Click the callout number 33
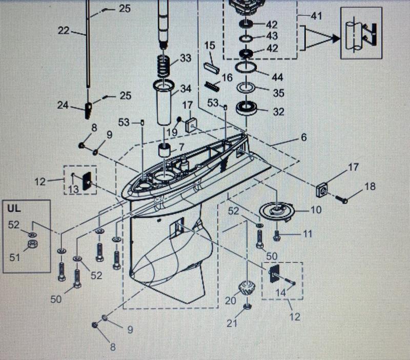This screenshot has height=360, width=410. (185, 58)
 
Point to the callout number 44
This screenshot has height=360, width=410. (277, 77)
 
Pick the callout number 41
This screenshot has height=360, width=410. (316, 16)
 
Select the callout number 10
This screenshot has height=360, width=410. (316, 210)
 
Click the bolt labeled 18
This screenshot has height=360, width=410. (342, 199)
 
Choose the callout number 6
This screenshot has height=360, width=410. (303, 137)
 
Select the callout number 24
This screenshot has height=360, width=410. (63, 106)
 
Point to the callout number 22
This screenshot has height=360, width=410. (63, 31)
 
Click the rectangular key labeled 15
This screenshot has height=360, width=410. (211, 67)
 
